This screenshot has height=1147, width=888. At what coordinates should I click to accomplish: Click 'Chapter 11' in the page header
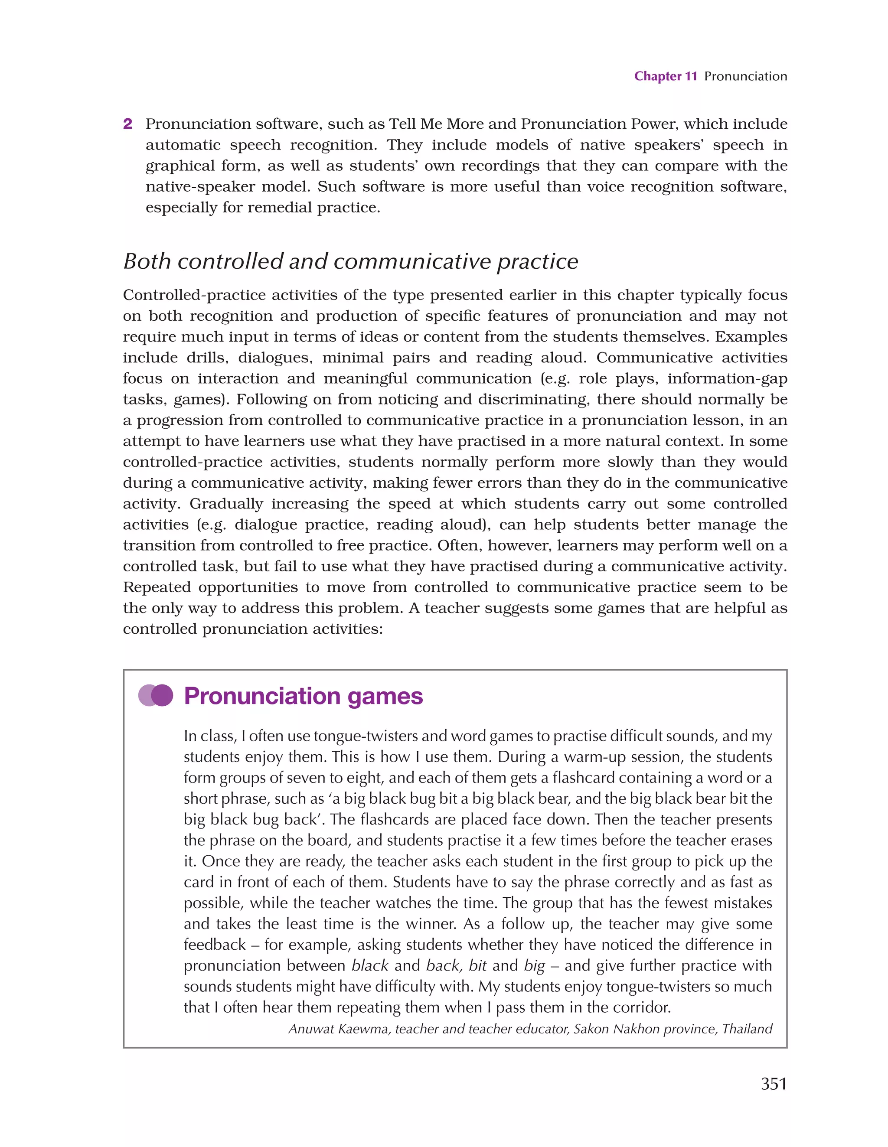pyautogui.click(x=665, y=76)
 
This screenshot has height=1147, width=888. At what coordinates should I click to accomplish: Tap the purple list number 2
pyautogui.click(x=127, y=124)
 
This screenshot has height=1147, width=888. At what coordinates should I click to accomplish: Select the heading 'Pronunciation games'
pyautogui.click(x=303, y=696)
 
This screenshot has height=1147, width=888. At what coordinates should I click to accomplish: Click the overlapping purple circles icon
pyautogui.click(x=156, y=695)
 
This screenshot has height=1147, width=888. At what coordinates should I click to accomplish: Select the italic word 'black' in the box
pyautogui.click(x=369, y=965)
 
